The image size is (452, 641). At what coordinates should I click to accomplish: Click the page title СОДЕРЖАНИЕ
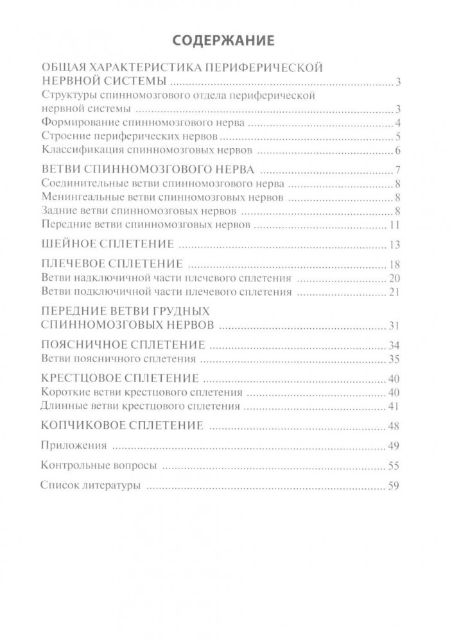pos(225,40)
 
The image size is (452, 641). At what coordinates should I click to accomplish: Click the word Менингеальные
pos(75,197)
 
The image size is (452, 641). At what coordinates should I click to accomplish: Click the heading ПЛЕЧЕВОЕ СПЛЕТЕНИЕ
pos(111,264)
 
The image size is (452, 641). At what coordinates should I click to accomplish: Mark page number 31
pos(394,325)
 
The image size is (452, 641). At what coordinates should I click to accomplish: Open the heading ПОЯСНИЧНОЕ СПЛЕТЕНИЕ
pos(123,344)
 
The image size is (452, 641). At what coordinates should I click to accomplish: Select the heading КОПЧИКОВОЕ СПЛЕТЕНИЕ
pos(122,426)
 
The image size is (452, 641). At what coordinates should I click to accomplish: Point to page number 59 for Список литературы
pos(394,486)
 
